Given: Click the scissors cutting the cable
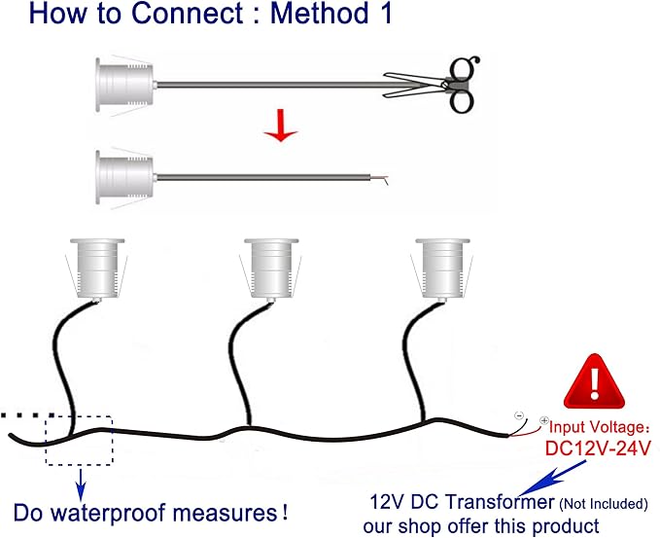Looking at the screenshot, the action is [x=437, y=85].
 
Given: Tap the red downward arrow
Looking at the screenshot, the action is [x=281, y=126].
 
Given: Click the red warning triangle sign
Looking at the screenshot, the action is [x=594, y=381].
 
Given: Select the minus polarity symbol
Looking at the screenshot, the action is [x=519, y=416].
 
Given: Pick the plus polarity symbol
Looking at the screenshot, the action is [x=544, y=420].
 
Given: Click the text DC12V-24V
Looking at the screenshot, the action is [x=598, y=448].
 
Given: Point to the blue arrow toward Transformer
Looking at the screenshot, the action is [x=552, y=478].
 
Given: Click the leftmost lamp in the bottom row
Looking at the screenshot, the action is [x=97, y=269].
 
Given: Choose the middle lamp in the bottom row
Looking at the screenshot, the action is [x=271, y=269].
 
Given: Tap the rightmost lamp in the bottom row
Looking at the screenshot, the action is [x=443, y=269].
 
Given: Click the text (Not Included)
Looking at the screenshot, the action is [x=604, y=503].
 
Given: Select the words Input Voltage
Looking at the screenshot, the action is [x=597, y=427].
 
